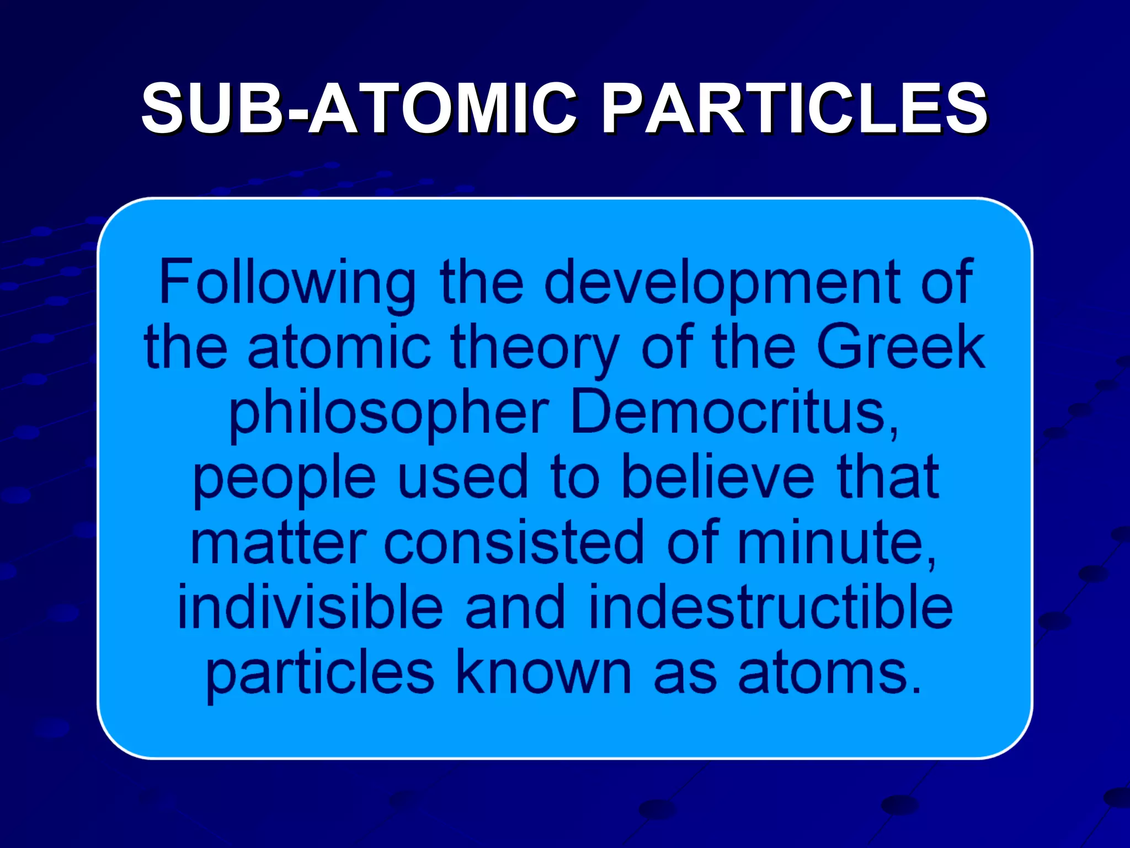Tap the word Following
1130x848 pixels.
[287, 283]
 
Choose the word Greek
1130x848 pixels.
[900, 348]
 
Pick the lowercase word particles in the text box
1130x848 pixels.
[320, 674]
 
